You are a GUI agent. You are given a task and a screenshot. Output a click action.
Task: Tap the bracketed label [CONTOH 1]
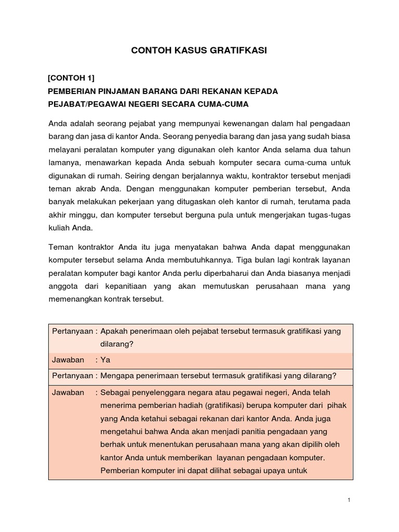(x=71, y=78)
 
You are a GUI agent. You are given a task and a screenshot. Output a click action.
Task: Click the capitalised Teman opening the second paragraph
(x=60, y=247)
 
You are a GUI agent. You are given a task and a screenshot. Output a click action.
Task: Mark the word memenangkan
(x=74, y=299)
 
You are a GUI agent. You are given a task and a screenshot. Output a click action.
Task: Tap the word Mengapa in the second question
(x=117, y=376)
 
